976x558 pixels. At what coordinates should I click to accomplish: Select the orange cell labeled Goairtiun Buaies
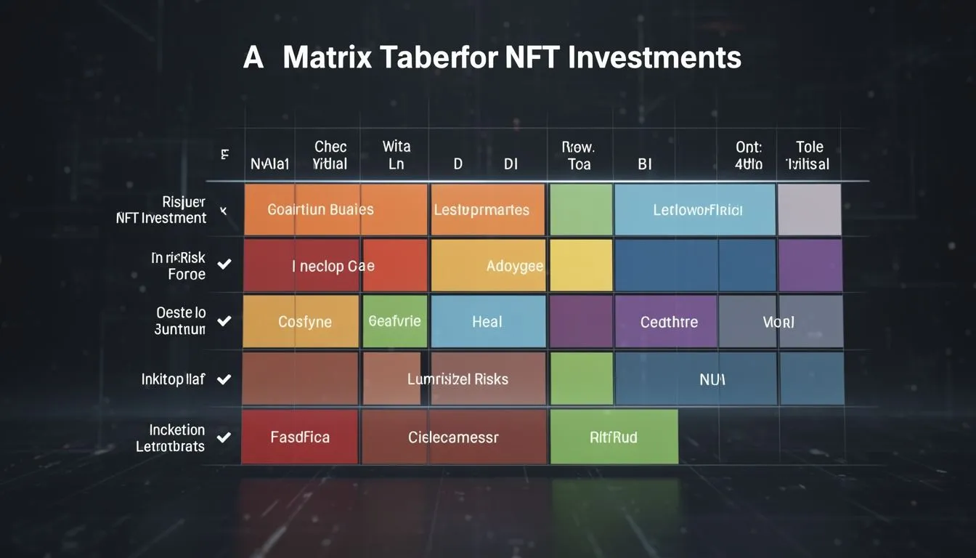[x=320, y=210]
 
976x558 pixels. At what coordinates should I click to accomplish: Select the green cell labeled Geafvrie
[x=394, y=321]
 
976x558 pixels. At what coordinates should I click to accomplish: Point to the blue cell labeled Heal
[x=487, y=321]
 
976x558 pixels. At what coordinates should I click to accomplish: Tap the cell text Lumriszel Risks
[x=457, y=379]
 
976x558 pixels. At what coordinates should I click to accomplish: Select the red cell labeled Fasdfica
[x=299, y=437]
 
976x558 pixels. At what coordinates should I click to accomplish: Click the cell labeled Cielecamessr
[x=454, y=437]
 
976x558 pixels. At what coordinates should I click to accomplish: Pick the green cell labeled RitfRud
[x=614, y=437]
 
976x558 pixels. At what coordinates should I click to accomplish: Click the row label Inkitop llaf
[x=173, y=379]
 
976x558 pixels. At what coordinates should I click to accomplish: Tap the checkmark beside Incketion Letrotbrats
[x=224, y=437]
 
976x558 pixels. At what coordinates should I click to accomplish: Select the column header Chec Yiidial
[x=330, y=155]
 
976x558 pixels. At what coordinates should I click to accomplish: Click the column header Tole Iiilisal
[x=808, y=155]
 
